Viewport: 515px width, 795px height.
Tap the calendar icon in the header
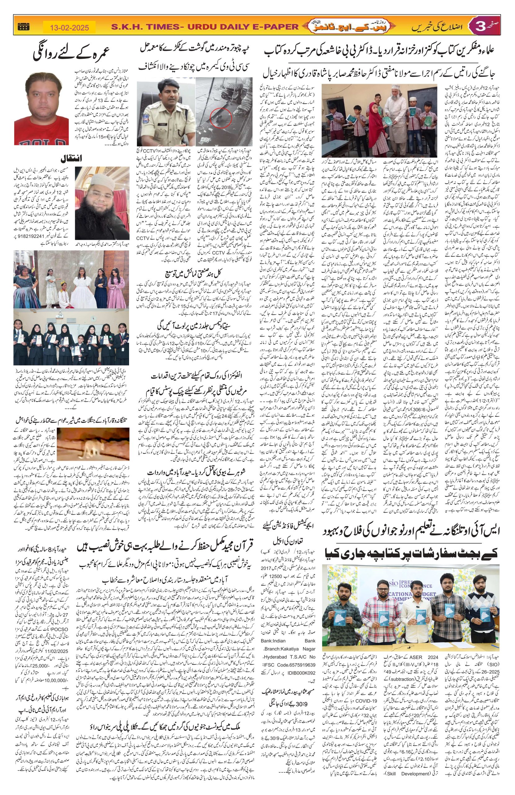[x=23, y=27]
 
